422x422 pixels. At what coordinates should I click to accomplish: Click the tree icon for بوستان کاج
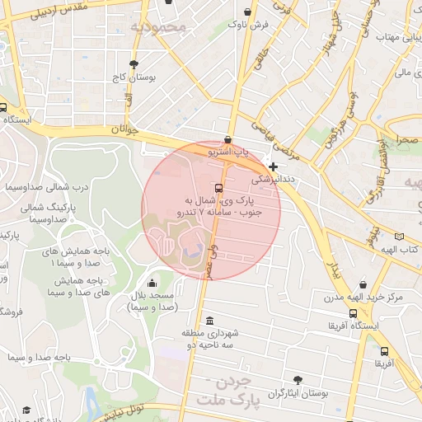(134, 63)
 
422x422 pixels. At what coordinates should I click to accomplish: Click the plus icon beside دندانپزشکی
(274, 166)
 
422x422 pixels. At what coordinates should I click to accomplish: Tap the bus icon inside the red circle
(218, 187)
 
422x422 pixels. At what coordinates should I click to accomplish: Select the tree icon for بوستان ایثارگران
(298, 380)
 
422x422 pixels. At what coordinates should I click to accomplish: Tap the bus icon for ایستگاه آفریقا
(354, 313)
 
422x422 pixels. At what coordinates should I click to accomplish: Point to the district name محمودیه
(159, 28)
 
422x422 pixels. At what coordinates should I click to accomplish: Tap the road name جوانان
(120, 129)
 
